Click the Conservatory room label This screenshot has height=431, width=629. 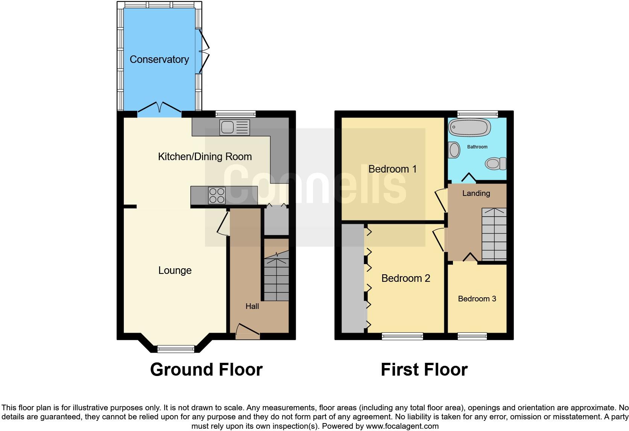159,59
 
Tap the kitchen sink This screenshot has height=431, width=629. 235,127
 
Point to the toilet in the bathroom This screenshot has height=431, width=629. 495,164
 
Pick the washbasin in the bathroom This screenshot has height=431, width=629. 454,150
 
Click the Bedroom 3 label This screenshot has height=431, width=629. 477,299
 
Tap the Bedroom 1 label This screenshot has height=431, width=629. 392,169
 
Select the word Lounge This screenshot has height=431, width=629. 175,271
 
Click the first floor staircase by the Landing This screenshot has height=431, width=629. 494,234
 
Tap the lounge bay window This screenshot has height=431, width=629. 176,349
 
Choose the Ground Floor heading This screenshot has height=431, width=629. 206,370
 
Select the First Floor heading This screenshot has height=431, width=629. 424,370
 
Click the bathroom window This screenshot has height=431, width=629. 477,114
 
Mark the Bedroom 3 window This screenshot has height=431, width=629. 472,336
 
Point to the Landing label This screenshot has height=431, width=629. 476,193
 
